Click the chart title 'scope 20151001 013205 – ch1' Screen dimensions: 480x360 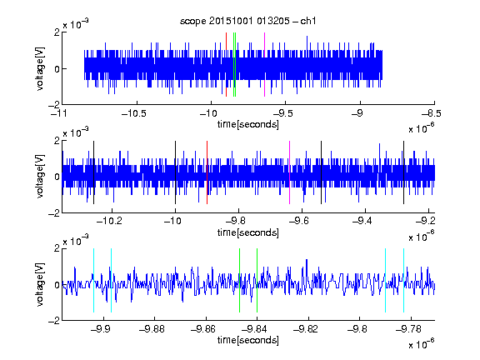pos(247,21)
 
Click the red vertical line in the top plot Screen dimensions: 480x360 pos(226,65)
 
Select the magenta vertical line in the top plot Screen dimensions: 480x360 pos(264,65)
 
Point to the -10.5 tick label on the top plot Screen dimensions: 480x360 pos(134,114)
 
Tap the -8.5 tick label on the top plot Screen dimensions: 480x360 pos(431,114)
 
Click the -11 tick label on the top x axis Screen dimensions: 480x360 pos(59,114)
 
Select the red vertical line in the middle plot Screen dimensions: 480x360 pos(207,172)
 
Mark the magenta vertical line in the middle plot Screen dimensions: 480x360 pos(290,172)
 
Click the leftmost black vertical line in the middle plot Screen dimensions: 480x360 pos(93,172)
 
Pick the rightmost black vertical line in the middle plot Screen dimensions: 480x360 pos(403,172)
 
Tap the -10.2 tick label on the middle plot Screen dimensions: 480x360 pos(109,221)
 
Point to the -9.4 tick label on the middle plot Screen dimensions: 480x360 pos(362,221)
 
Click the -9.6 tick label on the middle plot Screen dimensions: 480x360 pos(299,221)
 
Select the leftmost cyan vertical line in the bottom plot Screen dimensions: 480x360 pos(93,280)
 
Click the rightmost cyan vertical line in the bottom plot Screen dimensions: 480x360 pos(403,280)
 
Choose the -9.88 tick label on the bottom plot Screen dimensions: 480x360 pos(152,329)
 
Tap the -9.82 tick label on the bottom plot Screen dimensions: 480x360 pos(306,329)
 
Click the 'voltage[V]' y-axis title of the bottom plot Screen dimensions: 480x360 pos(40,285)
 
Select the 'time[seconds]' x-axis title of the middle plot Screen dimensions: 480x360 pos(248,232)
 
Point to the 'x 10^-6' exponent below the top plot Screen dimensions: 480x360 pos(421,128)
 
